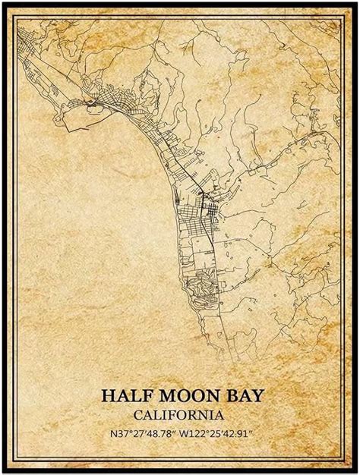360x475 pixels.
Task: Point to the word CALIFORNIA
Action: coord(178,415)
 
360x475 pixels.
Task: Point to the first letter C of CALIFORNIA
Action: coord(137,415)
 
